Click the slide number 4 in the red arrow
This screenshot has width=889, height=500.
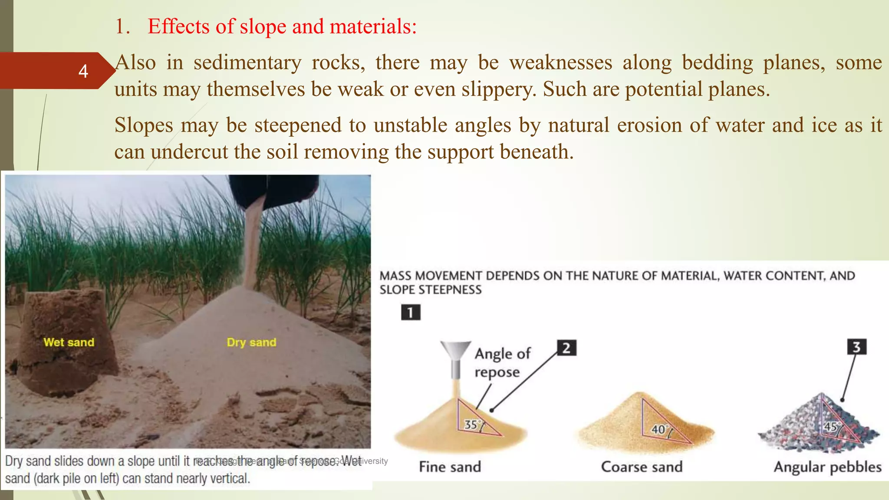click(x=83, y=71)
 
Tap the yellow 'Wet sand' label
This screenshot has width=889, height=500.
click(x=69, y=342)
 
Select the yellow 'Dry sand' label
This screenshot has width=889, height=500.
click(x=251, y=342)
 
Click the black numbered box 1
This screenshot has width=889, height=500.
click(x=411, y=312)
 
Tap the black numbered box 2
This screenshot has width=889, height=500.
click(x=566, y=348)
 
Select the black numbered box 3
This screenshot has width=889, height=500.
click(x=856, y=347)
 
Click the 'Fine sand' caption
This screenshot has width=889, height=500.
click(x=450, y=467)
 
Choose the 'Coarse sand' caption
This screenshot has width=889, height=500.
click(x=642, y=467)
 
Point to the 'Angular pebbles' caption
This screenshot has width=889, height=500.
click(x=827, y=467)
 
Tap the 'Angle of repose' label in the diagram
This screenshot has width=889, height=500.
click(x=502, y=363)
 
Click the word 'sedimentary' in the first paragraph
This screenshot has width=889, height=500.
click(x=247, y=62)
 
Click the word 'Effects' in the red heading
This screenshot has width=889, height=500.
click(x=178, y=26)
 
